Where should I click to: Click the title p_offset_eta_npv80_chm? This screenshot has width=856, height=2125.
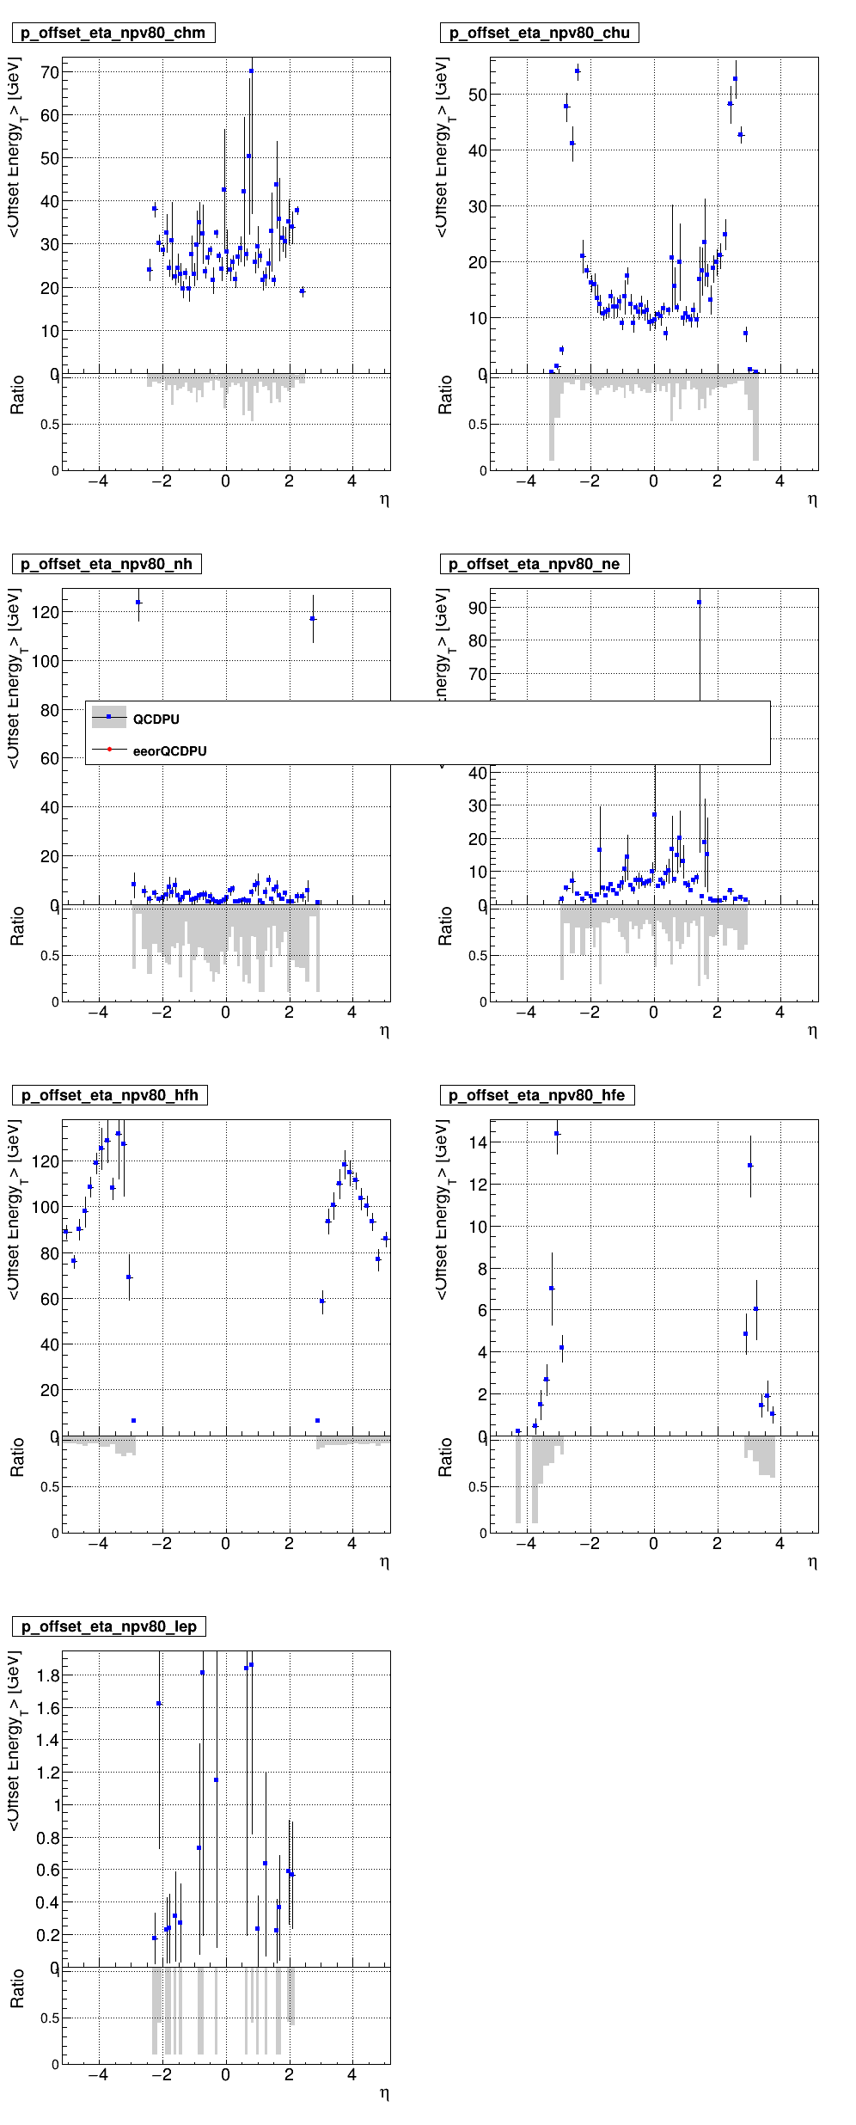pyautogui.click(x=113, y=33)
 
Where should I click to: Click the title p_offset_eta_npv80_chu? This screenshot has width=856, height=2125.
pyautogui.click(x=539, y=33)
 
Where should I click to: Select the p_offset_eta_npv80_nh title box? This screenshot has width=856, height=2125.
pyautogui.click(x=107, y=564)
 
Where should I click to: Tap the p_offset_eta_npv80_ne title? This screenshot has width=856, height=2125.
pyautogui.click(x=534, y=564)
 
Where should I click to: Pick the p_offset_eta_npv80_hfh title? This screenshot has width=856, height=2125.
pyautogui.click(x=109, y=1095)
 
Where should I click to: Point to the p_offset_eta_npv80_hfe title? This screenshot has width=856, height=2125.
pyautogui.click(x=536, y=1095)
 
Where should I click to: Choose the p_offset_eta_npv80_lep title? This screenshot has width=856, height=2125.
pyautogui.click(x=108, y=1626)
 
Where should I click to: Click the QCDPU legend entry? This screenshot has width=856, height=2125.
pyautogui.click(x=156, y=720)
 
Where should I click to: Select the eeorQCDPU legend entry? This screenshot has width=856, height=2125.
pyautogui.click(x=169, y=751)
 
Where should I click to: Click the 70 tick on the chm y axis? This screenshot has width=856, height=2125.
pyautogui.click(x=49, y=72)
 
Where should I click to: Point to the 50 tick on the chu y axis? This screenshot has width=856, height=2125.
pyautogui.click(x=477, y=95)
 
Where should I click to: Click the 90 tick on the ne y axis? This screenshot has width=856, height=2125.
pyautogui.click(x=477, y=608)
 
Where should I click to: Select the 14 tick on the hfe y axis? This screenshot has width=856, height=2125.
pyautogui.click(x=477, y=1142)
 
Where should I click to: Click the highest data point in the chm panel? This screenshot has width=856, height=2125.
pyautogui.click(x=251, y=71)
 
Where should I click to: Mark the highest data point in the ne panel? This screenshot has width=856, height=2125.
pyautogui.click(x=700, y=603)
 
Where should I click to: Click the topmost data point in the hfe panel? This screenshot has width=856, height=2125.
pyautogui.click(x=557, y=1134)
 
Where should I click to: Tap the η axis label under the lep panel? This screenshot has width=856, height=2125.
pyautogui.click(x=384, y=2093)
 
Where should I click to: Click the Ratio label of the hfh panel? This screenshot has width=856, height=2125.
pyautogui.click(x=16, y=1457)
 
